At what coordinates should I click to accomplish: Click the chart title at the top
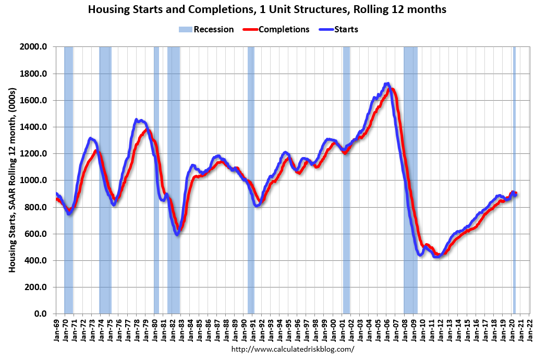click(x=267, y=9)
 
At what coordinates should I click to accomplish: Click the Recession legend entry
click(x=207, y=29)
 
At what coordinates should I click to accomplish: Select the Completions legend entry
click(x=276, y=29)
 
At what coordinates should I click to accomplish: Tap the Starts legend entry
click(x=339, y=29)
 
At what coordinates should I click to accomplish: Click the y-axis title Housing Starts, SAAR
click(x=11, y=180)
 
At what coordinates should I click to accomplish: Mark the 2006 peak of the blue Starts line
click(x=386, y=83)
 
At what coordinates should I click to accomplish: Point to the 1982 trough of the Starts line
click(x=177, y=234)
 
